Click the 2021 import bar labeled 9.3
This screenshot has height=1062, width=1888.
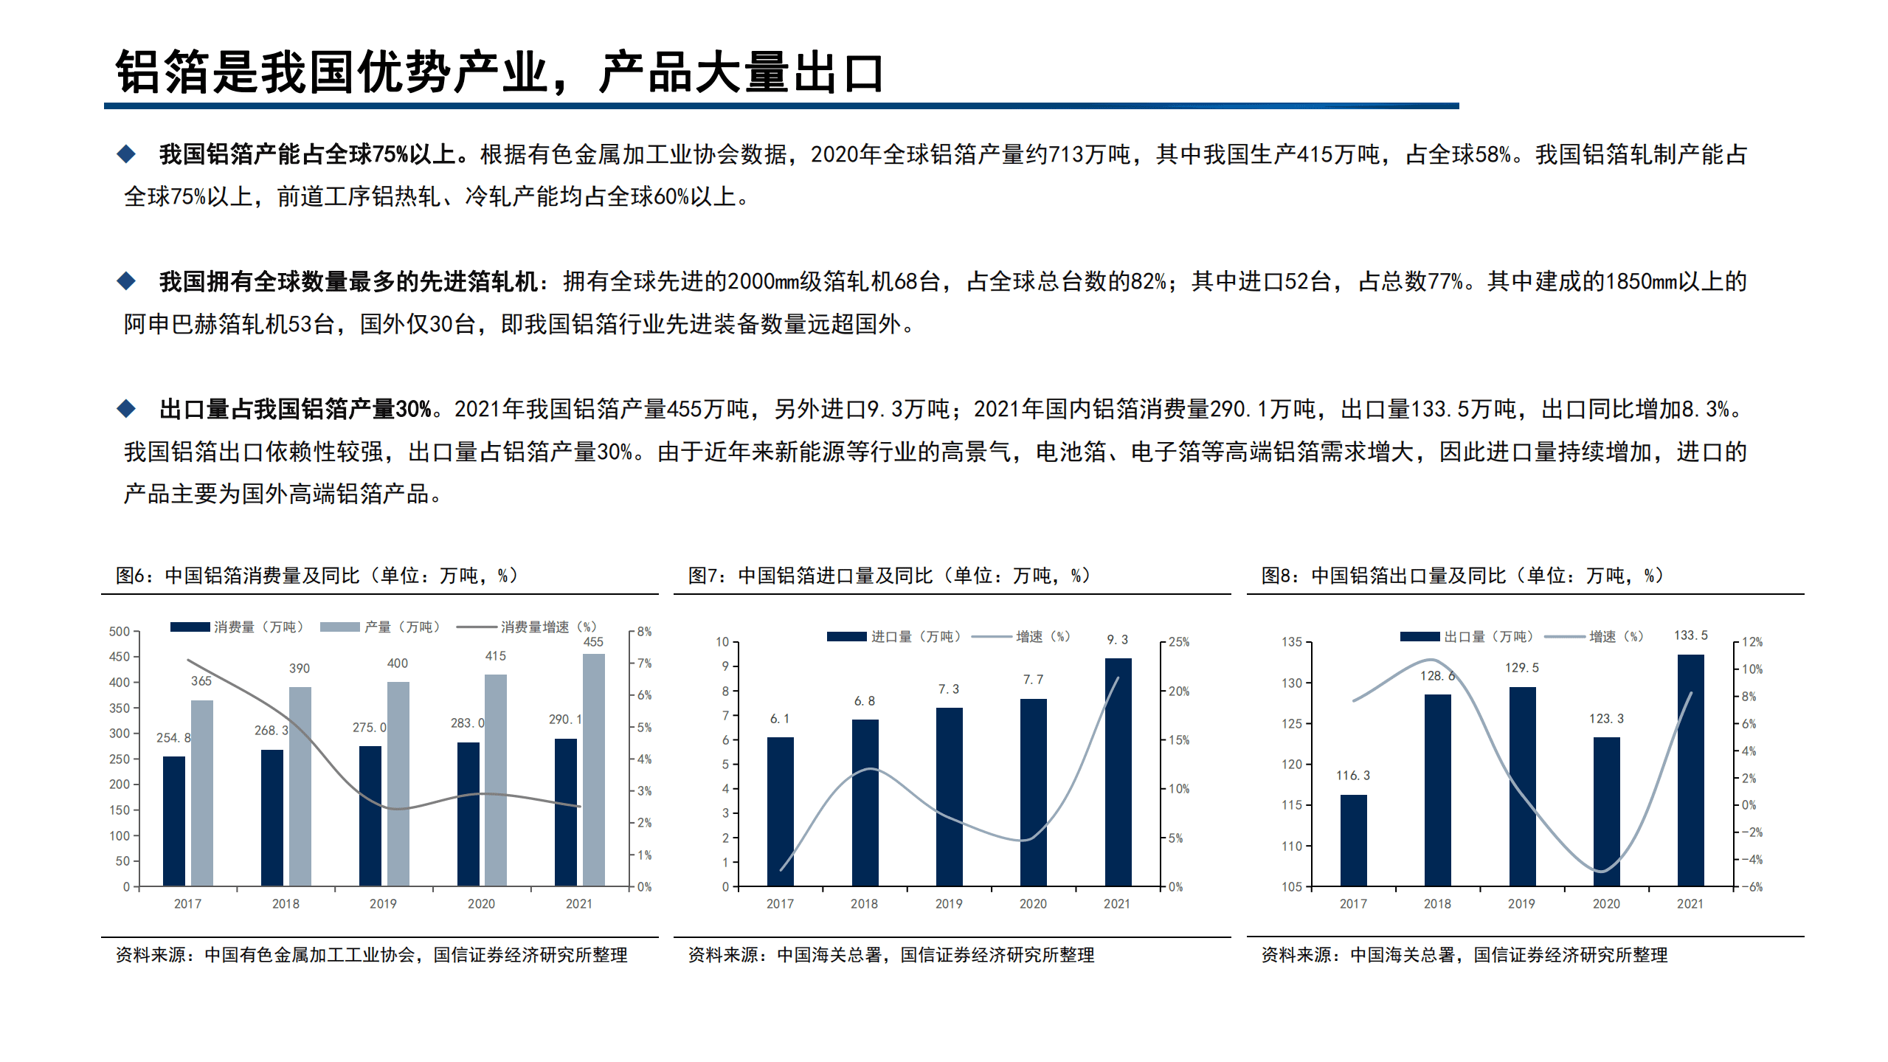click(x=1117, y=771)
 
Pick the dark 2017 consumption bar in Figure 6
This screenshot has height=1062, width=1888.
click(x=174, y=821)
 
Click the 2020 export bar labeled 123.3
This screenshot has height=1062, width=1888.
click(x=1606, y=811)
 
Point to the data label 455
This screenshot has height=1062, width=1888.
click(x=593, y=642)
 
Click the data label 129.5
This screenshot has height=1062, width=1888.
click(x=1521, y=668)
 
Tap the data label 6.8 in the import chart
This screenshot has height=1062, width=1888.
click(x=864, y=701)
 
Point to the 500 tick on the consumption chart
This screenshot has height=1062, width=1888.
click(x=120, y=632)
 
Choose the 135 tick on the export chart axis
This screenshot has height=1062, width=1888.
click(x=1292, y=642)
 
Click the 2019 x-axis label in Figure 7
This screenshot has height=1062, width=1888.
click(x=949, y=904)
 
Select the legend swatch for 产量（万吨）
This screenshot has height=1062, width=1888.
click(x=339, y=627)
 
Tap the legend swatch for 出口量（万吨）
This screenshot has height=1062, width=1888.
click(x=1420, y=636)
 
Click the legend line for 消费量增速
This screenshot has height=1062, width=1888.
click(x=476, y=627)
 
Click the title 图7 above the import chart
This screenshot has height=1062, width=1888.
click(x=888, y=576)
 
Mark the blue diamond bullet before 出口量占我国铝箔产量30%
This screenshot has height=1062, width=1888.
click(x=127, y=408)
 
